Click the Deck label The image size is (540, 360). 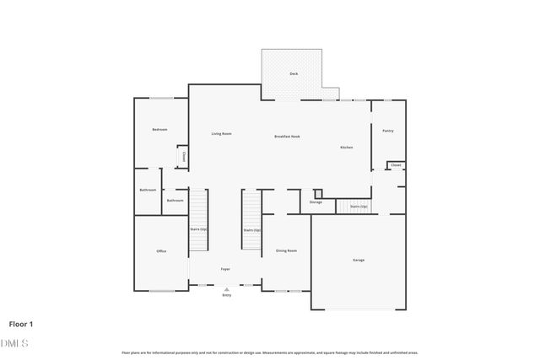(x=294, y=74)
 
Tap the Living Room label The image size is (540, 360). (x=221, y=134)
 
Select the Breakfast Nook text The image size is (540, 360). (x=287, y=137)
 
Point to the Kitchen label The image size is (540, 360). (x=346, y=148)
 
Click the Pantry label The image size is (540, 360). (x=387, y=131)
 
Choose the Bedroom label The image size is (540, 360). (x=159, y=130)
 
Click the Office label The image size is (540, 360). (x=160, y=251)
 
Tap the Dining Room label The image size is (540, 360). (x=286, y=250)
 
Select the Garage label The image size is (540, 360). (x=359, y=260)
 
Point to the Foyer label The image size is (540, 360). (x=225, y=269)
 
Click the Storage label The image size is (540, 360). (x=316, y=202)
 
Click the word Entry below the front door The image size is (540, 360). (x=226, y=296)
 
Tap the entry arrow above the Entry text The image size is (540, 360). (x=226, y=289)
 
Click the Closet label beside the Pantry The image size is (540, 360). (x=396, y=165)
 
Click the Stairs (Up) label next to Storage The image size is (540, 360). (x=358, y=206)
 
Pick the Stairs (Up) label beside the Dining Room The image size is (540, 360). (x=251, y=230)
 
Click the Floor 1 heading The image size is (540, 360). (x=21, y=323)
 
